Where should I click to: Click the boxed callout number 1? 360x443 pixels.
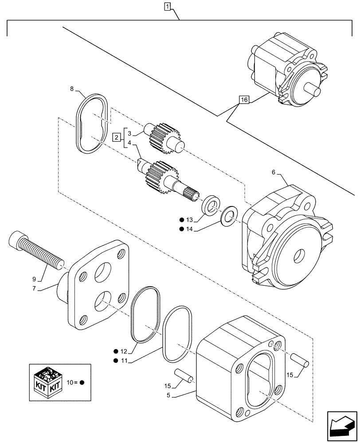[x=167, y=6]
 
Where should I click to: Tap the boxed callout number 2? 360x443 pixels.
[x=116, y=137]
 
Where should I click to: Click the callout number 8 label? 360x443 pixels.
[x=72, y=89]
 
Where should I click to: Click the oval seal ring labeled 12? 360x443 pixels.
[x=144, y=314]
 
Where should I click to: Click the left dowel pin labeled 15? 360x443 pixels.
[x=183, y=374]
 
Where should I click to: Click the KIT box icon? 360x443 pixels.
[x=47, y=382]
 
